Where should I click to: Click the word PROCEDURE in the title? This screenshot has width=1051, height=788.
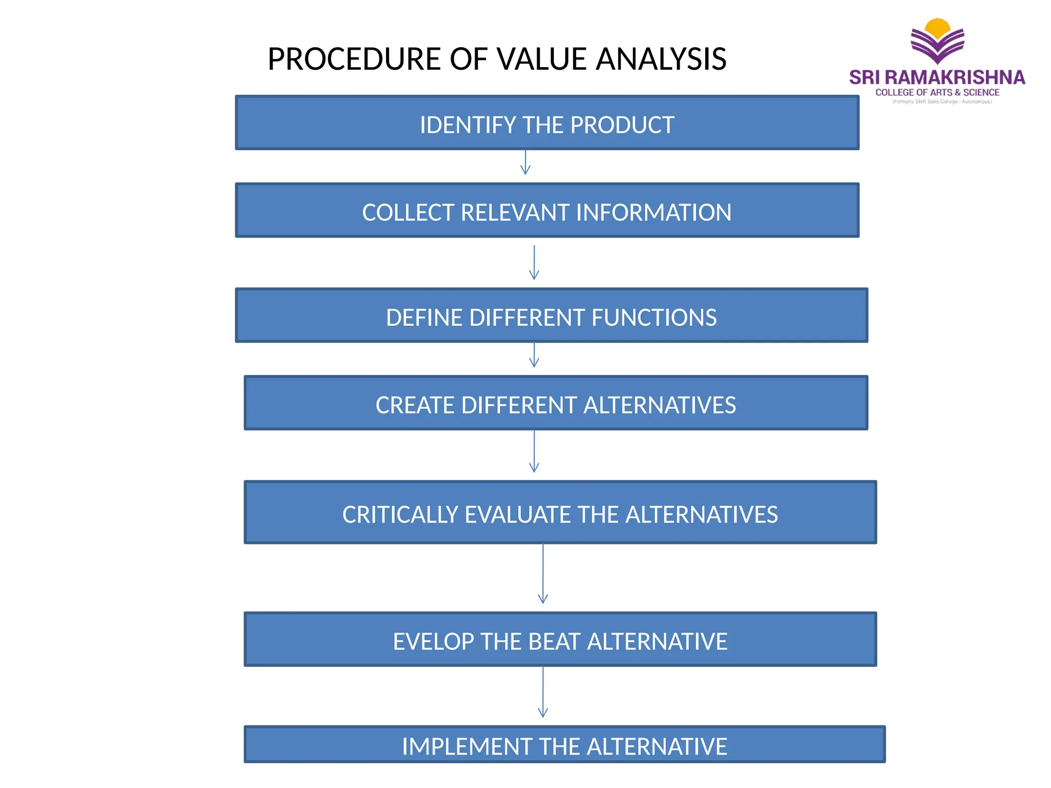click(x=354, y=59)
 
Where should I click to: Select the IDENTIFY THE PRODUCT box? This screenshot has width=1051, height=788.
click(x=547, y=123)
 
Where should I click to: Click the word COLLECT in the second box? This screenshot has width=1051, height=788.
click(x=408, y=212)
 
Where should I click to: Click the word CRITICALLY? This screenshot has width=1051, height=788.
click(x=400, y=515)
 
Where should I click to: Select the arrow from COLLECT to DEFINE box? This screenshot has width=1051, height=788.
click(x=534, y=262)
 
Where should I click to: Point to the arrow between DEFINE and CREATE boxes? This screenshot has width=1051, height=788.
click(x=534, y=355)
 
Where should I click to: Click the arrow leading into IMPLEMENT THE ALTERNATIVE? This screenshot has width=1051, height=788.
click(x=542, y=692)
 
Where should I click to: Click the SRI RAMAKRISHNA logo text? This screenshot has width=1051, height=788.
click(x=937, y=77)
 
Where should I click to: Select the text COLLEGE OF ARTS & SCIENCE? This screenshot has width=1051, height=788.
click(x=937, y=92)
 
